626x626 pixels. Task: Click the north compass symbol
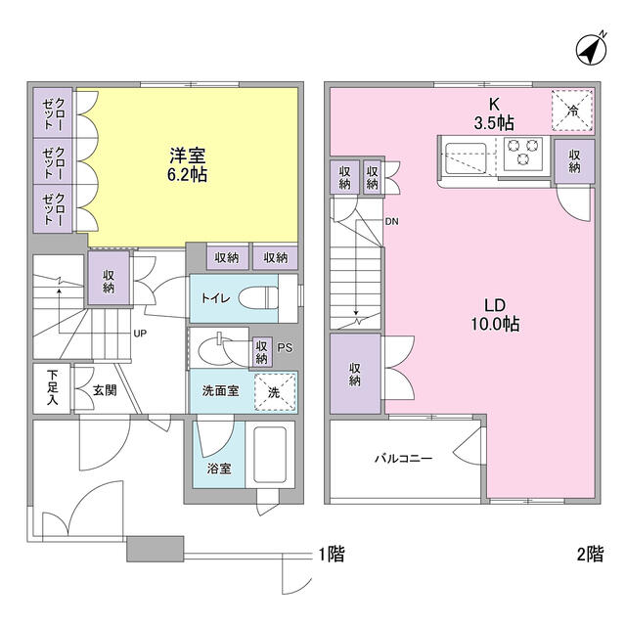pos(592,49)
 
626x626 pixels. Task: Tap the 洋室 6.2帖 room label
pos(187,165)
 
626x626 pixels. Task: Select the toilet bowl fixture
pos(258,297)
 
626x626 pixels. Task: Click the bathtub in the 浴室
pos(270,455)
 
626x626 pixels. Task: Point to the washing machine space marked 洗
pos(276,392)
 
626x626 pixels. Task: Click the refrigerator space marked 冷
pos(572,111)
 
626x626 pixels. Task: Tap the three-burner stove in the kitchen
pos(523,154)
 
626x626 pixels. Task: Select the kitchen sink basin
pos(466,158)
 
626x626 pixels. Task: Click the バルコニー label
pos(403,458)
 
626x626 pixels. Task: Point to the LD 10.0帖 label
pos(495,315)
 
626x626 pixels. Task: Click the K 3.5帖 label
pos(494,113)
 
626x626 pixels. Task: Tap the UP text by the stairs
pos(140,333)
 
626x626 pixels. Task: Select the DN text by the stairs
pos(391,221)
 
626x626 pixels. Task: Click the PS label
pos(285,348)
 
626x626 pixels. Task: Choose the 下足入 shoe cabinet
pos(52,388)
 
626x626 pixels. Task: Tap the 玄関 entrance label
pos(105,390)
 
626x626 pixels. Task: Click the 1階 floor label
pos(332,555)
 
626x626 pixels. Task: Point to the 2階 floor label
pos(590,555)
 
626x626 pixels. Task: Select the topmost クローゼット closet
pos(53,113)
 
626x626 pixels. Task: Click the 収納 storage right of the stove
pos(574,161)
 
